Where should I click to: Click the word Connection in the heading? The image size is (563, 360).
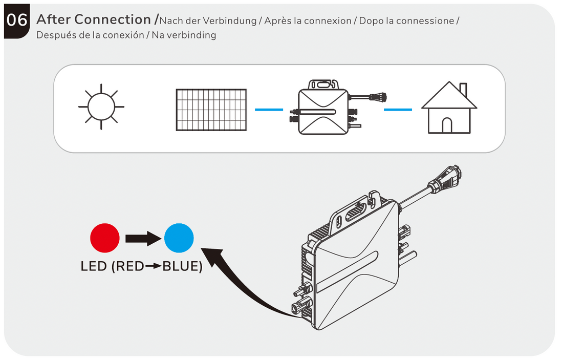pyautogui.click(x=113, y=19)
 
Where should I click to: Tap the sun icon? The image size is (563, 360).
pyautogui.click(x=101, y=107)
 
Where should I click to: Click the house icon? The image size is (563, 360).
pyautogui.click(x=449, y=109)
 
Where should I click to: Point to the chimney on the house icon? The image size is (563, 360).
pyautogui.click(x=463, y=90)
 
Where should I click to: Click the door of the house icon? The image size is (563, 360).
pyautogui.click(x=447, y=126)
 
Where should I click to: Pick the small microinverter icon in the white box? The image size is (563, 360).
pyautogui.click(x=322, y=108)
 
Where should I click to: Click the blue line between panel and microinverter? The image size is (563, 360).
pyautogui.click(x=269, y=109)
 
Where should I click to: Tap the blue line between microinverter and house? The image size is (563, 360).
pyautogui.click(x=398, y=109)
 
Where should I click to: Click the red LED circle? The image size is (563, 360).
pyautogui.click(x=104, y=238)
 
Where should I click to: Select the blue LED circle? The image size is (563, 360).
pyautogui.click(x=179, y=238)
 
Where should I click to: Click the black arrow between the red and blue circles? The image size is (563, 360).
pyautogui.click(x=142, y=238)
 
